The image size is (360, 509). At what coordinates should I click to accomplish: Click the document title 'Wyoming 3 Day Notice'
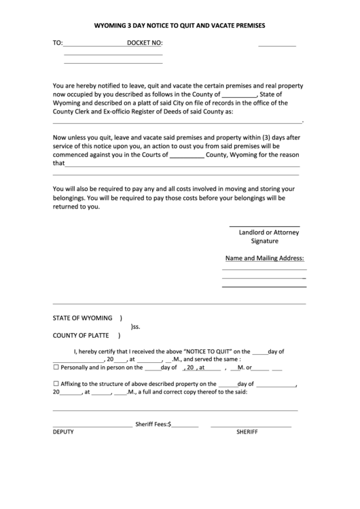(x=179, y=25)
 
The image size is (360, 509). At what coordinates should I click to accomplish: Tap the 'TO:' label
(x=57, y=43)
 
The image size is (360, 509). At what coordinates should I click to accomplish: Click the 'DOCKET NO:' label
(x=145, y=43)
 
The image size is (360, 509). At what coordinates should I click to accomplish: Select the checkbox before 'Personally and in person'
(x=56, y=368)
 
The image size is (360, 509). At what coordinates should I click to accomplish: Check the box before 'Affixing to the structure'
(x=56, y=383)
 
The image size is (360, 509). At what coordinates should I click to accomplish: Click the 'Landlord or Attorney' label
(x=268, y=232)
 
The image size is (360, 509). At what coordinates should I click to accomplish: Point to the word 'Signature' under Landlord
(x=265, y=241)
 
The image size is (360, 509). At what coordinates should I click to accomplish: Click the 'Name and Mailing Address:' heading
(x=264, y=258)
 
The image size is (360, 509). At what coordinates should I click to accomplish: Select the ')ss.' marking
(x=135, y=327)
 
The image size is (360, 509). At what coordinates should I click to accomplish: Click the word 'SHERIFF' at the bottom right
(x=247, y=432)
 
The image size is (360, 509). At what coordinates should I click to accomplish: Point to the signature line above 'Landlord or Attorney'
(x=264, y=226)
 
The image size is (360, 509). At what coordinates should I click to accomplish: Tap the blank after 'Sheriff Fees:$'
(x=185, y=426)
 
